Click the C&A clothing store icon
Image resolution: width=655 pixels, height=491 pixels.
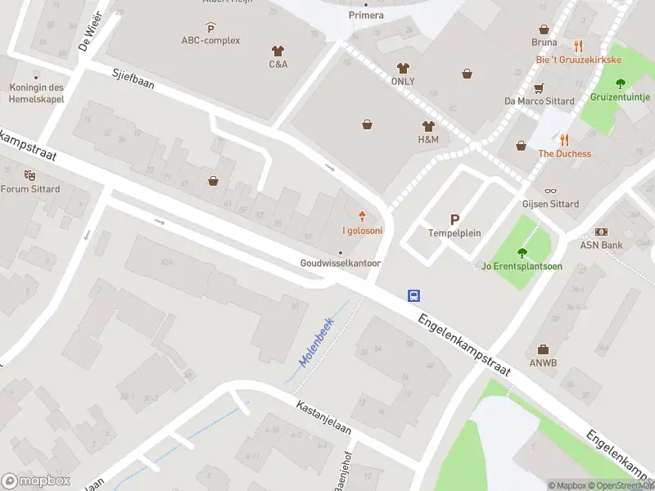click(278, 50)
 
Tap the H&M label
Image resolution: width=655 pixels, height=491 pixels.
click(428, 140)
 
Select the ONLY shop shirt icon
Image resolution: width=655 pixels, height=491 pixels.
click(402, 68)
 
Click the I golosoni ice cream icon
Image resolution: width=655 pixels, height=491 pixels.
click(362, 217)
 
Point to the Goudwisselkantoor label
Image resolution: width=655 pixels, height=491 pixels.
click(341, 264)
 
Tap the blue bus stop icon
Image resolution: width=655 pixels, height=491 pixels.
click(414, 295)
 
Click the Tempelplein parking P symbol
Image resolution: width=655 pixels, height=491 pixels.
click(454, 218)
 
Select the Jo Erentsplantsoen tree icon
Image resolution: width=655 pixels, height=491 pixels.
click(522, 252)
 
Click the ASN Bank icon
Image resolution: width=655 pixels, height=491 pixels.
click(602, 232)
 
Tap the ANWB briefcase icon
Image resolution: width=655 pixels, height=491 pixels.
click(543, 349)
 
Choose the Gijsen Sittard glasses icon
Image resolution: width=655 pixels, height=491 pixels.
click(550, 191)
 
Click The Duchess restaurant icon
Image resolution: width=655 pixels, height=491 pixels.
click(564, 140)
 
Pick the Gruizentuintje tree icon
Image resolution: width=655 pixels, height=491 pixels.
click(620, 83)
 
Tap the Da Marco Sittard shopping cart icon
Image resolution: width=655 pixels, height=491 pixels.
click(539, 88)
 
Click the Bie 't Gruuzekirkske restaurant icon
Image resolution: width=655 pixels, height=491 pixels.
click(578, 46)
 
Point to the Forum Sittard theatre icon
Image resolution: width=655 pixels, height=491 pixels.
click(30, 174)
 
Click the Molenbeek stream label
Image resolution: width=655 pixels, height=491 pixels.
click(316, 341)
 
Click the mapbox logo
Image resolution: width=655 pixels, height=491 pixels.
click(35, 480)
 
